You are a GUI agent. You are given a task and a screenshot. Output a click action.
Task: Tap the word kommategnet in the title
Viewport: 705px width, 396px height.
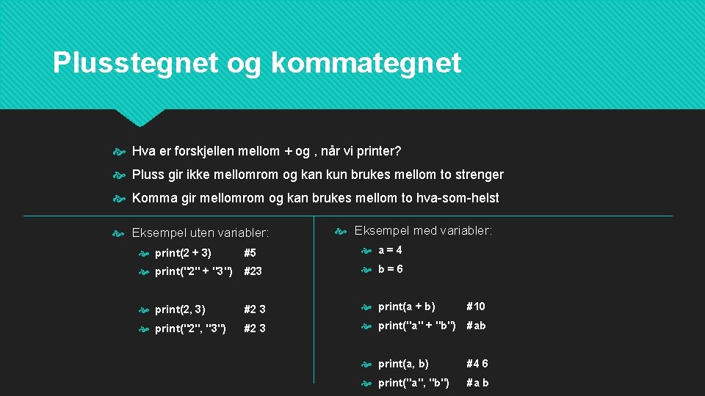click(366, 63)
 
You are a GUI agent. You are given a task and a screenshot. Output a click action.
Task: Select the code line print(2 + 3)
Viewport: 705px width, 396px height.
click(183, 253)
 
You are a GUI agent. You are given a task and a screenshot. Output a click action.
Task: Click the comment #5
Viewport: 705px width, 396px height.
click(250, 253)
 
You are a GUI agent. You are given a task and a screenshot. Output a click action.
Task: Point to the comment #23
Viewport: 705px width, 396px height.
click(253, 271)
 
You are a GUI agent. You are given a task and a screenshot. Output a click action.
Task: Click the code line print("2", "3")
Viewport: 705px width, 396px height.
click(191, 329)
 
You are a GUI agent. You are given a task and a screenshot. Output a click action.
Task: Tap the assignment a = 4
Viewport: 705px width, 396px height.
click(390, 250)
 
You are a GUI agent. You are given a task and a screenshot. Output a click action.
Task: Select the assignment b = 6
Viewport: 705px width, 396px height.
click(390, 269)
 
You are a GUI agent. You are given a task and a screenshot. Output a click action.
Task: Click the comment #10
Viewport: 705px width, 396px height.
click(476, 307)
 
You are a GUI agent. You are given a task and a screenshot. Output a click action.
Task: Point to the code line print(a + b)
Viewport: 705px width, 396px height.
click(406, 307)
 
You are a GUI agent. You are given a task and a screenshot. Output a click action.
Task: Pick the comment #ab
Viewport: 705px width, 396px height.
click(476, 326)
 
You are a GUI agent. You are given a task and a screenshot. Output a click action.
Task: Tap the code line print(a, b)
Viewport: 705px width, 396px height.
click(403, 364)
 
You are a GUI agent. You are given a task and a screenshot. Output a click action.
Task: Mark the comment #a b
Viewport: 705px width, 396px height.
click(477, 383)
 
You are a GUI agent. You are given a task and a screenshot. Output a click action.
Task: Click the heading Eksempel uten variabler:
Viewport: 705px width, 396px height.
click(200, 233)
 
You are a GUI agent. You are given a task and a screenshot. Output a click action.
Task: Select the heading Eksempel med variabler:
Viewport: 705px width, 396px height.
click(423, 231)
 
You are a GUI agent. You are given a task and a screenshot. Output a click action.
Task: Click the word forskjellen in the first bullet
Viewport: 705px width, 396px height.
click(206, 152)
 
